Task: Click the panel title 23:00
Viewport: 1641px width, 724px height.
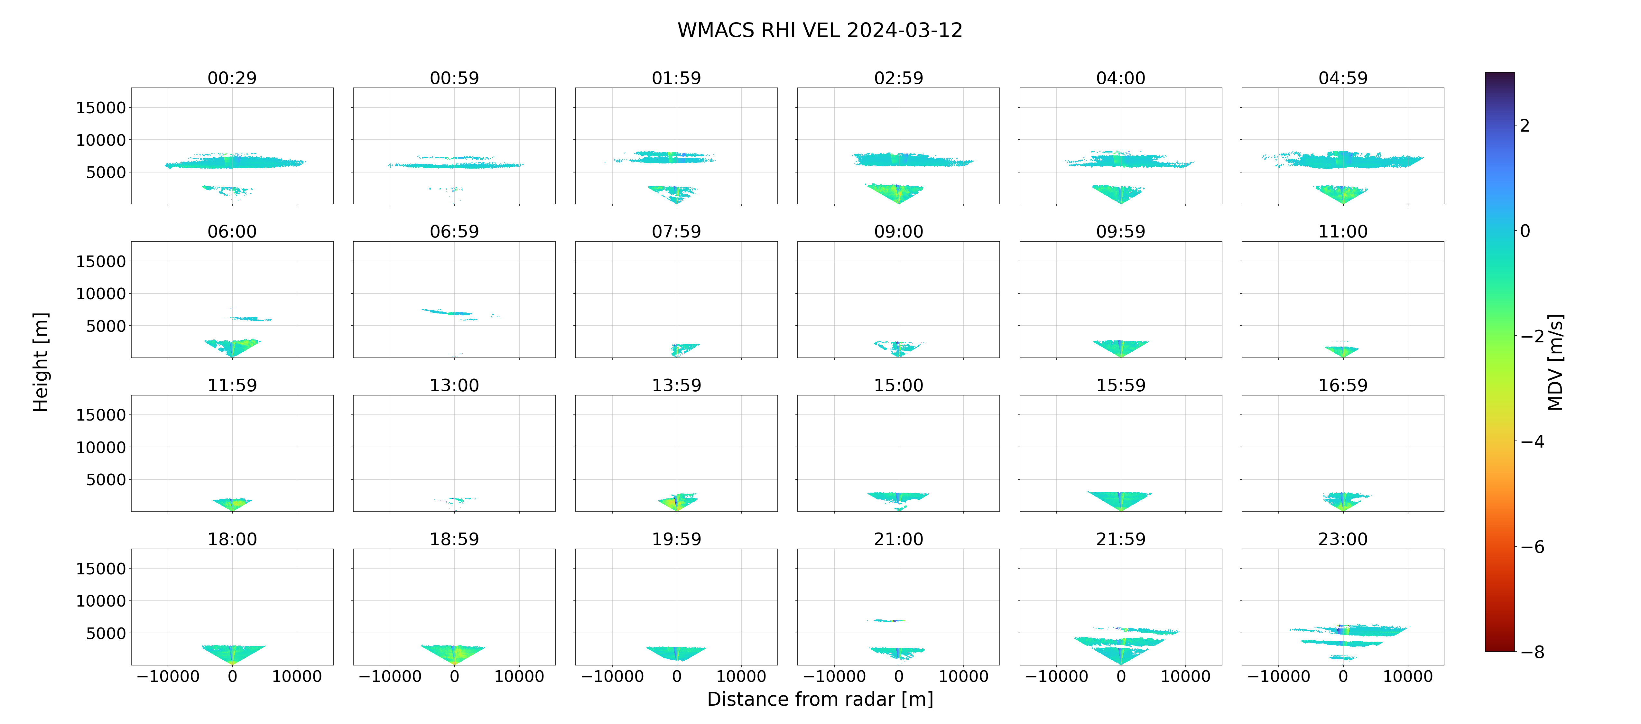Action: pyautogui.click(x=1343, y=539)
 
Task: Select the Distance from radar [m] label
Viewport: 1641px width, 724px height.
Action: pyautogui.click(x=820, y=699)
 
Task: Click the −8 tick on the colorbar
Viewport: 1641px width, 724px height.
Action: pyautogui.click(x=1533, y=652)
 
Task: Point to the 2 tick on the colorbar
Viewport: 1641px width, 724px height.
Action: pyautogui.click(x=1525, y=125)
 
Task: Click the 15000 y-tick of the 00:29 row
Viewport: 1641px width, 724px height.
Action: pyautogui.click(x=101, y=108)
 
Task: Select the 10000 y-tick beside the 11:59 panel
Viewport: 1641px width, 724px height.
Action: pyautogui.click(x=101, y=447)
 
